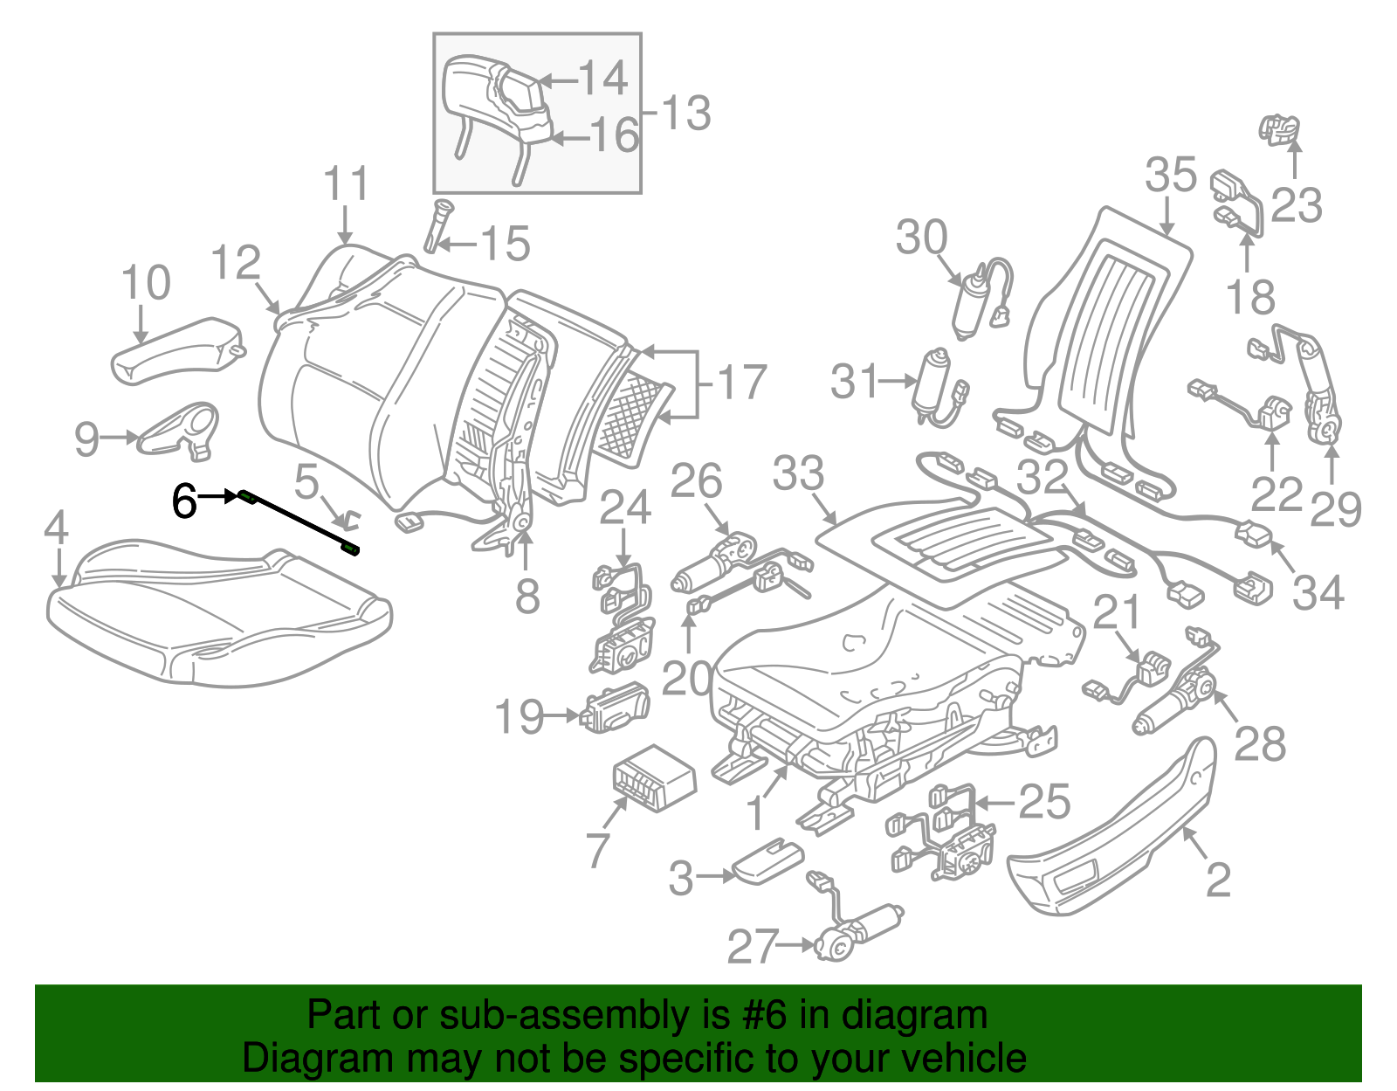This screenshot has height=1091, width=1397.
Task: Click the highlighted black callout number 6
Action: [x=184, y=501]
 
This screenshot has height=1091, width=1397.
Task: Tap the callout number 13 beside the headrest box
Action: [x=685, y=114]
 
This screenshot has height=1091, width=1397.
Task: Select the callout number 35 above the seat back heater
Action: [x=1170, y=175]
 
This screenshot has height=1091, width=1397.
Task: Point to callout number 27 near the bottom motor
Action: [x=752, y=946]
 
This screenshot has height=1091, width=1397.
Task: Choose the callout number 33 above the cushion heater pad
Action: [x=798, y=473]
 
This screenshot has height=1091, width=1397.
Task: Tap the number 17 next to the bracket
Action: [x=740, y=383]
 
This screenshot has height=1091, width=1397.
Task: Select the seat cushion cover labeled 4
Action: [x=218, y=611]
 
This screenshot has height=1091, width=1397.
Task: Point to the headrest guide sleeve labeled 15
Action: [x=437, y=224]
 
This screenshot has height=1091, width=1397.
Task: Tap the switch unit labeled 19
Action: [x=616, y=708]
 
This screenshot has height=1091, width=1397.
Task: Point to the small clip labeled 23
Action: [x=1278, y=129]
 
